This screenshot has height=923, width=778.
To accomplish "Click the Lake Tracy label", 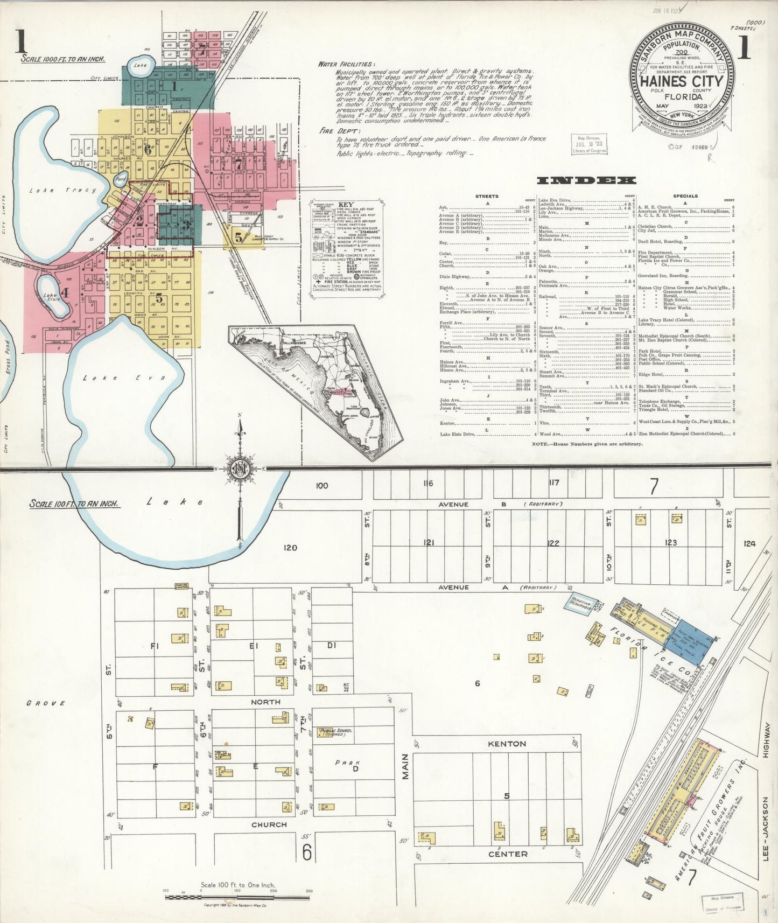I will pos(62,190).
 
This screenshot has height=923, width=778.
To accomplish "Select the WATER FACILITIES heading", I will pos(345,64).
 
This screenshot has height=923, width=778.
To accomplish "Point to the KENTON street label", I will pos(507,744).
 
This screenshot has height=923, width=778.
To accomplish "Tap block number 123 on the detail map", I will pos(670,543).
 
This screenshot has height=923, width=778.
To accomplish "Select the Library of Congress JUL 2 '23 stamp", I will pos(588,144).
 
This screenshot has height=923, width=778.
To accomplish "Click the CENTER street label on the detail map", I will pos(508,854).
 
